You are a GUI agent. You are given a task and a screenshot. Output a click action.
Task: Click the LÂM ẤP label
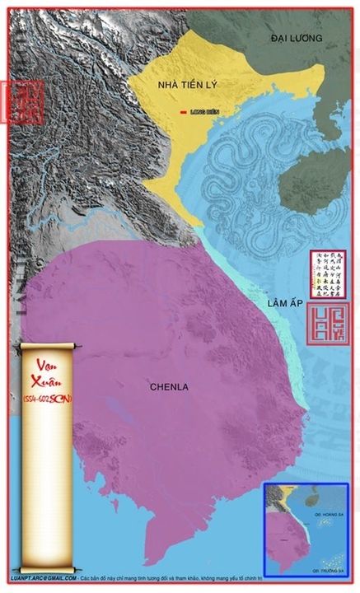point(284,306)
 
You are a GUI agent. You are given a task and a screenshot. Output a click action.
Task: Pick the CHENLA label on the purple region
point(171,385)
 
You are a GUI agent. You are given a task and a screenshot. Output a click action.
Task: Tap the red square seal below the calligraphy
point(327,324)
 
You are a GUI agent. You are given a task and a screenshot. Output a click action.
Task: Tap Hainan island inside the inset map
point(302,499)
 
